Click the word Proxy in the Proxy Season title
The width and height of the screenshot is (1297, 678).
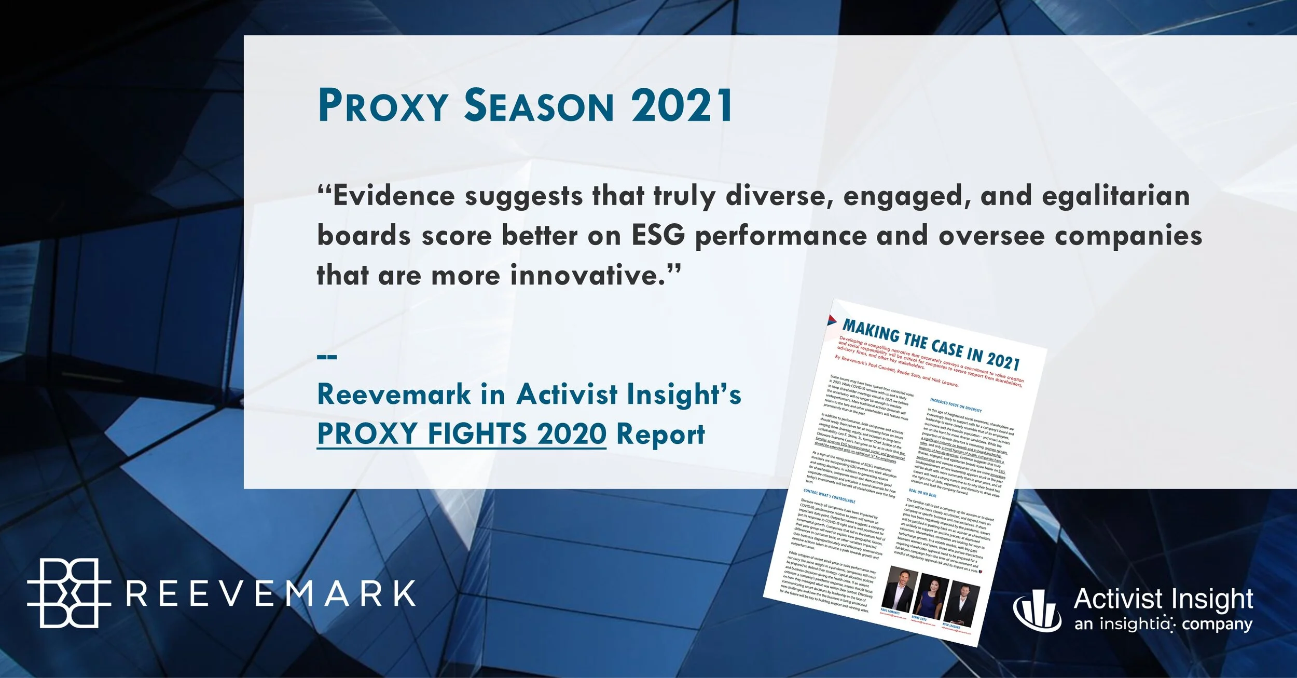point(383,106)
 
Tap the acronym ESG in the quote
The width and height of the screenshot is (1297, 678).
point(658,236)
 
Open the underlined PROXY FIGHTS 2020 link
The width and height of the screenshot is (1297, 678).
point(461,434)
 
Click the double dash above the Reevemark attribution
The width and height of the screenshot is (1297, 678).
point(327,357)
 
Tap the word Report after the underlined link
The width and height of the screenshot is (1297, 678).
point(660,435)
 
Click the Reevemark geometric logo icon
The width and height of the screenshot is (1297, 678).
point(68,593)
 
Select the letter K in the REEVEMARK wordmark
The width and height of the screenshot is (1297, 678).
point(403,594)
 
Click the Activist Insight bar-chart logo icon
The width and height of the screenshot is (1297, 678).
point(1037,609)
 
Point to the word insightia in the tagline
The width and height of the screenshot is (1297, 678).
point(1137,623)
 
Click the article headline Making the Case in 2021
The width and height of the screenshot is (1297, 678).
point(931,343)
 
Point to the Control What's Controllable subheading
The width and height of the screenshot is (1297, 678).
point(829,496)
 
